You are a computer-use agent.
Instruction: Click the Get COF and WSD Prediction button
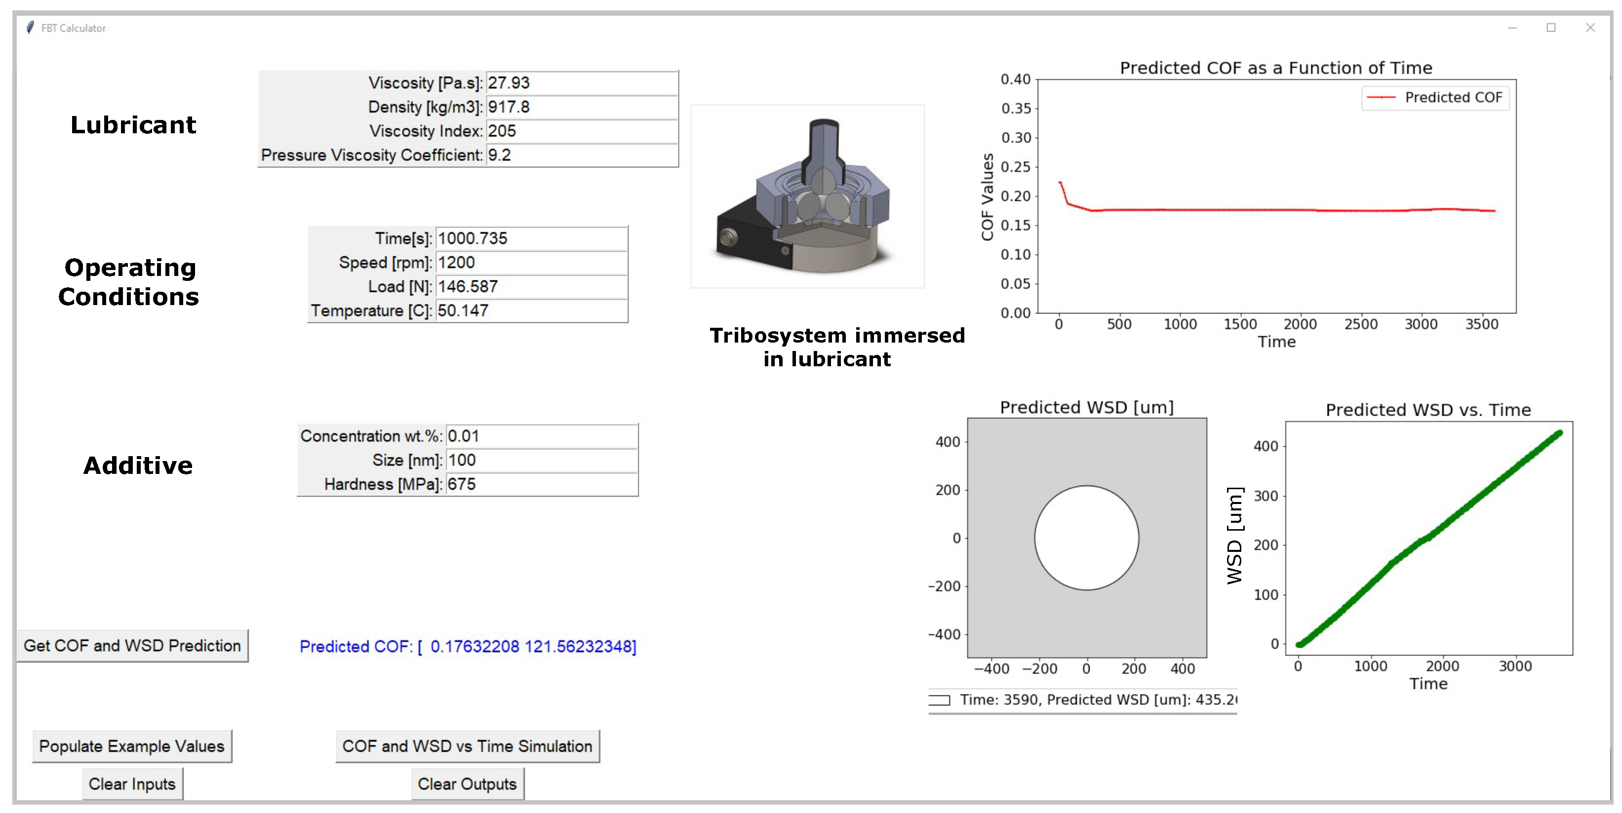[132, 646]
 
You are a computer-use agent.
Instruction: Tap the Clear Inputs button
[132, 784]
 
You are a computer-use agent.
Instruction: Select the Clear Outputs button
[467, 784]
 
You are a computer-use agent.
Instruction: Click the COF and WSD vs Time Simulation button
[467, 746]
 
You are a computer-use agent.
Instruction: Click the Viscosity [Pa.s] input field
[582, 83]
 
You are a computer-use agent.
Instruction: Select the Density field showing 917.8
[582, 107]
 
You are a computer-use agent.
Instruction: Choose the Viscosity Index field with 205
[582, 131]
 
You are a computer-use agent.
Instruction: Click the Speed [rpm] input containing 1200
[531, 263]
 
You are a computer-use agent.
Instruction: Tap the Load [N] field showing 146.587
[531, 286]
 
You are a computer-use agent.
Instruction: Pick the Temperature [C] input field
[531, 310]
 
